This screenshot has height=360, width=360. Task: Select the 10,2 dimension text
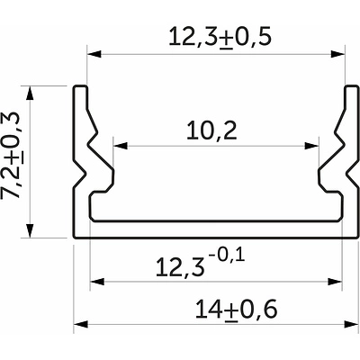tap(211, 131)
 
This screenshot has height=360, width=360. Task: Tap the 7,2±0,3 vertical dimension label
tap(14, 155)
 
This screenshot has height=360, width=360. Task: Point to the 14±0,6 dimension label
tap(236, 310)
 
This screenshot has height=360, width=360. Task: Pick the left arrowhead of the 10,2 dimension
tap(121, 146)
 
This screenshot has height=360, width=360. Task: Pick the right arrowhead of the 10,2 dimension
tap(311, 146)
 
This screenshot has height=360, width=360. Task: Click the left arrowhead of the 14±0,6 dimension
tap(81, 324)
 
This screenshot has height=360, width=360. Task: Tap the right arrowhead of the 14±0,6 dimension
tap(351, 324)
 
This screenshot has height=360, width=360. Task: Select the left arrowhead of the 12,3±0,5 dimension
tap(94, 54)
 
